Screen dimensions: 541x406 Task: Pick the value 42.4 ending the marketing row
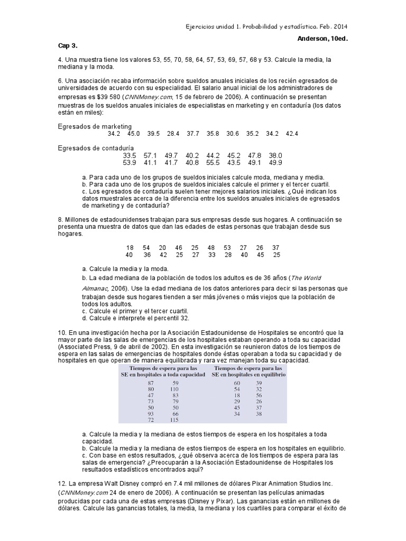[x=292, y=134]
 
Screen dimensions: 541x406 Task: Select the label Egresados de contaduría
[x=96, y=148]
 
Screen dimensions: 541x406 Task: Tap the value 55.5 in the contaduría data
[x=213, y=163]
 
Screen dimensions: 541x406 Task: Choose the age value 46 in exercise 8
[x=179, y=248]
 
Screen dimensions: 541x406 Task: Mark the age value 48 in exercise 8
[x=211, y=248]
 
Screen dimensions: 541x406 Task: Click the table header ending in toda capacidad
[x=162, y=371]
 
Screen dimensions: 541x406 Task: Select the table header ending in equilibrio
[x=248, y=371]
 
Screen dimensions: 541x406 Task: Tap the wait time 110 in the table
[x=174, y=390]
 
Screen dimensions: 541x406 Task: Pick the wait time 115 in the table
[x=174, y=420]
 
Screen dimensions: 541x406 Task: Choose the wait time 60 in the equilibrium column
[x=237, y=383]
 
